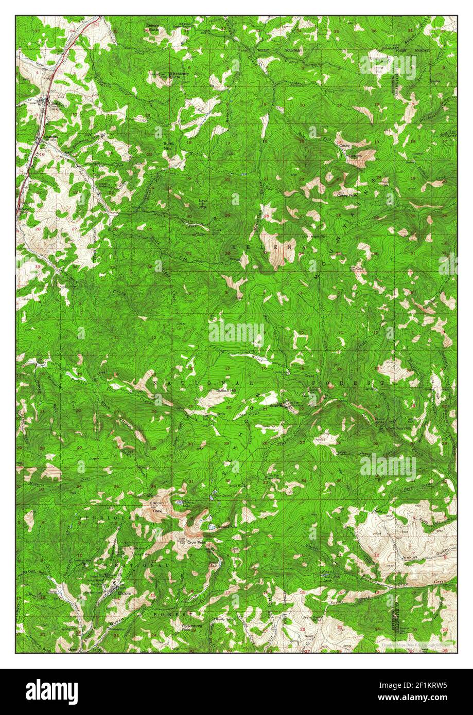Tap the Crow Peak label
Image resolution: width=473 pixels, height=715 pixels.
tap(195, 542)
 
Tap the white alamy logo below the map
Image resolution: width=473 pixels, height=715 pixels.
tap(51, 692)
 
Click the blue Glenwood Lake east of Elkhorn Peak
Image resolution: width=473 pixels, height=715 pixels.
tap(212, 527)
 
